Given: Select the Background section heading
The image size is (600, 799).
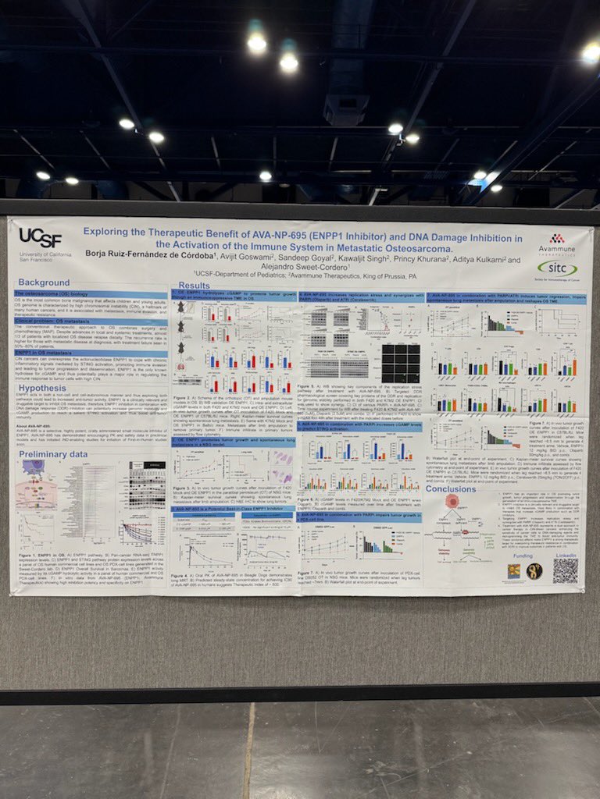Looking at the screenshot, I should (45, 282).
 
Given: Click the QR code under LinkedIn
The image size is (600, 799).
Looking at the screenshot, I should (566, 570).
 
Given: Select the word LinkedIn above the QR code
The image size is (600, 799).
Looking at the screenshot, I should (566, 555).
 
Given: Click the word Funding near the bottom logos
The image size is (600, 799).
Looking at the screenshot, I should (523, 555).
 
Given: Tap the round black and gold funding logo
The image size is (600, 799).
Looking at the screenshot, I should (534, 571).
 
